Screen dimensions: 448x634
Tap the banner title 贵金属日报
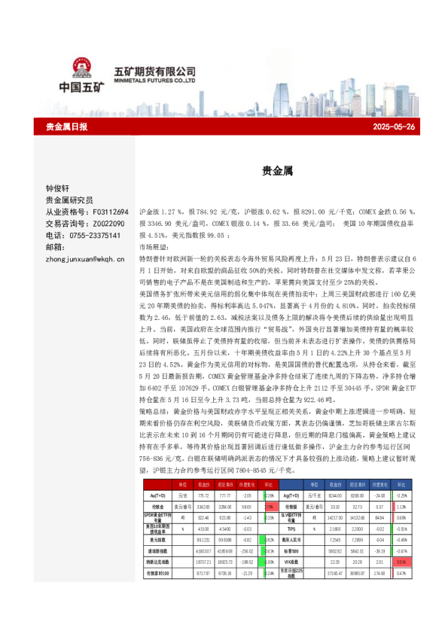click(x=66, y=126)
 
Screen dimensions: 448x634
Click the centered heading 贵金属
click(x=273, y=171)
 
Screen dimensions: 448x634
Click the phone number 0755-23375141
click(x=95, y=235)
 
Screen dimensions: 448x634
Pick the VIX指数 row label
click(x=292, y=562)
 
